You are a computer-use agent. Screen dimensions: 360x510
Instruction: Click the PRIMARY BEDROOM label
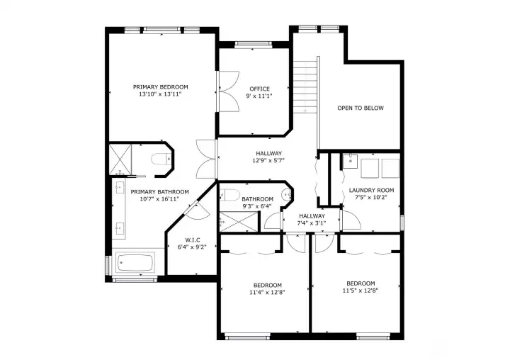tap(160, 86)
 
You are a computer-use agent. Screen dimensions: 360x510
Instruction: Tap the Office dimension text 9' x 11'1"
tap(259, 96)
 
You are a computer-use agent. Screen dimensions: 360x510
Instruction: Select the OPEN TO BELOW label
tap(360, 108)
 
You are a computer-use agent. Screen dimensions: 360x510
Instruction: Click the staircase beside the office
tap(305, 85)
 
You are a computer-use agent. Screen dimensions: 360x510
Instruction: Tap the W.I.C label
tap(193, 240)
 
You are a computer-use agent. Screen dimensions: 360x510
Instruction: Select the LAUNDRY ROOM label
tap(371, 190)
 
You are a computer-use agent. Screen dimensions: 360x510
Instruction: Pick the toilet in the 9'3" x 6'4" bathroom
tap(234, 196)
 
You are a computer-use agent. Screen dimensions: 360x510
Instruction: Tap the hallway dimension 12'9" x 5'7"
tap(268, 161)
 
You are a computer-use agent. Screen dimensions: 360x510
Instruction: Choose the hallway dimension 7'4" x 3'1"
tap(311, 223)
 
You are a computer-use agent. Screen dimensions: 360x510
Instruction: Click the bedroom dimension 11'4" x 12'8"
tap(268, 292)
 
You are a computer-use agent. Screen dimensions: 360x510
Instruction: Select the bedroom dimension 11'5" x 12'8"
tap(360, 291)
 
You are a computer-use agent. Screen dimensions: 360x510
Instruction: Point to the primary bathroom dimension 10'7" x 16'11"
tap(159, 199)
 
